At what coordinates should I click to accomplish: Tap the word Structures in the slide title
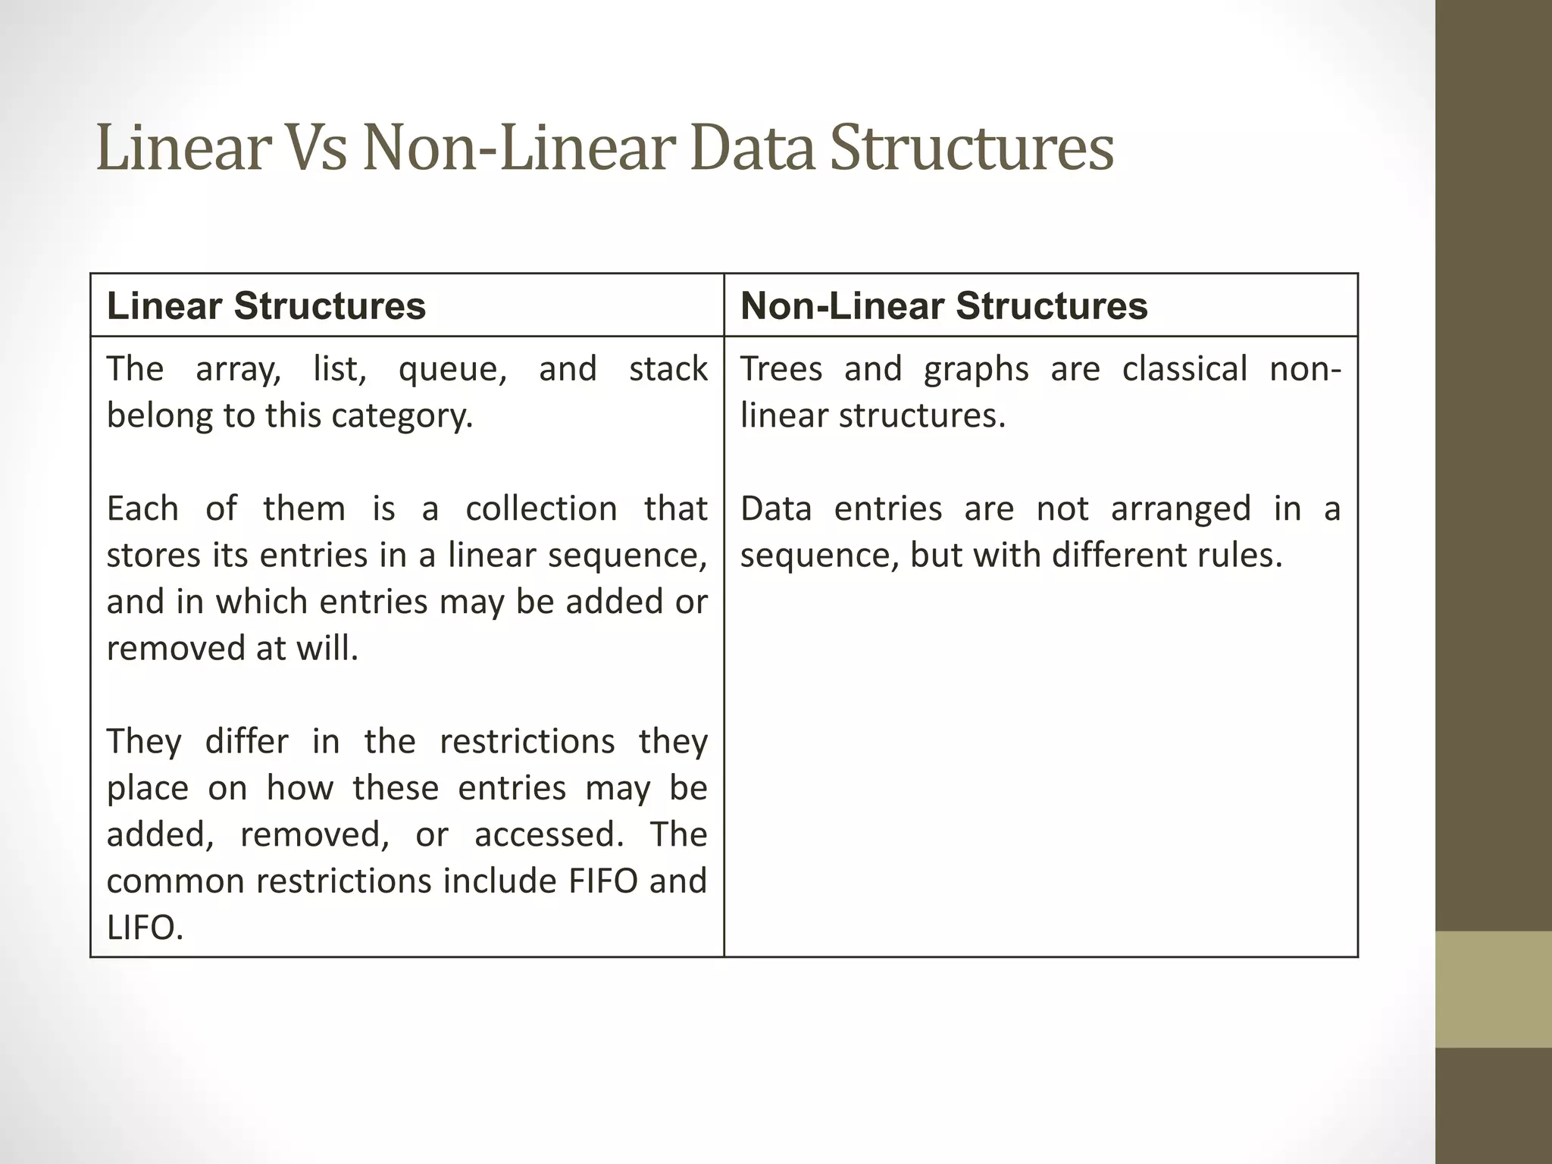(x=972, y=147)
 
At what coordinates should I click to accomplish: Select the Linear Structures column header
(x=266, y=306)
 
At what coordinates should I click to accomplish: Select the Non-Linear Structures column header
(x=943, y=306)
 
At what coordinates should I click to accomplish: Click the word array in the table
(x=237, y=370)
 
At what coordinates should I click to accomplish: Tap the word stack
(x=668, y=369)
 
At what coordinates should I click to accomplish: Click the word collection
(x=541, y=508)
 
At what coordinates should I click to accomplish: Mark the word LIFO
(x=145, y=928)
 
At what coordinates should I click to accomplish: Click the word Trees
(x=781, y=369)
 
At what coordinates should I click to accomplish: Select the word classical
(x=1184, y=369)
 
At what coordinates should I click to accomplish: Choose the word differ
(x=246, y=741)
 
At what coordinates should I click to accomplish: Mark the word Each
(x=142, y=508)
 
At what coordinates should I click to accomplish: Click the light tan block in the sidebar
(x=1494, y=989)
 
